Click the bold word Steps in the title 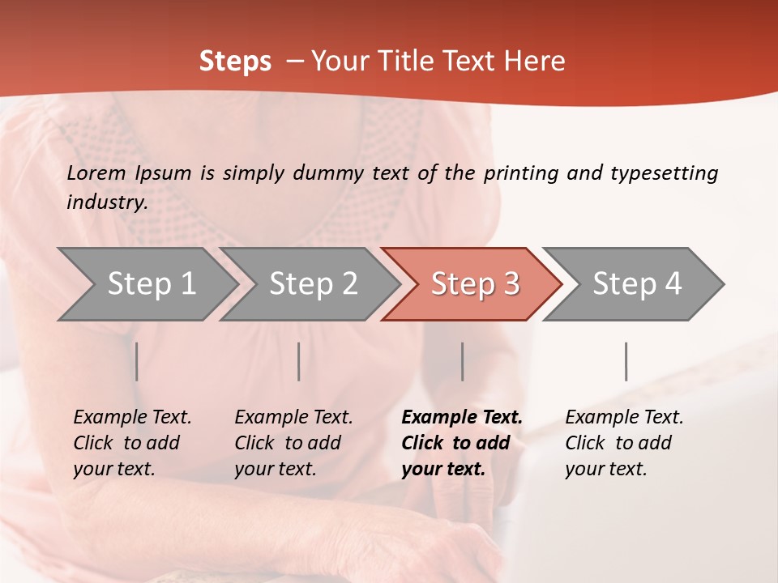(235, 62)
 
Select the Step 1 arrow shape (146, 284)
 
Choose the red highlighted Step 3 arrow (474, 284)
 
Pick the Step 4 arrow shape (636, 284)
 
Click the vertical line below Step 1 (137, 361)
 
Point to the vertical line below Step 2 (299, 361)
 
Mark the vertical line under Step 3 (463, 361)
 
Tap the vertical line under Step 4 (626, 361)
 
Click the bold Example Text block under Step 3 (462, 443)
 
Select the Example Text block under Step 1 (132, 443)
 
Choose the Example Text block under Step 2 (293, 443)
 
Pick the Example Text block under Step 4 (624, 443)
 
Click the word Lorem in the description (96, 173)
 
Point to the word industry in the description (107, 202)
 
